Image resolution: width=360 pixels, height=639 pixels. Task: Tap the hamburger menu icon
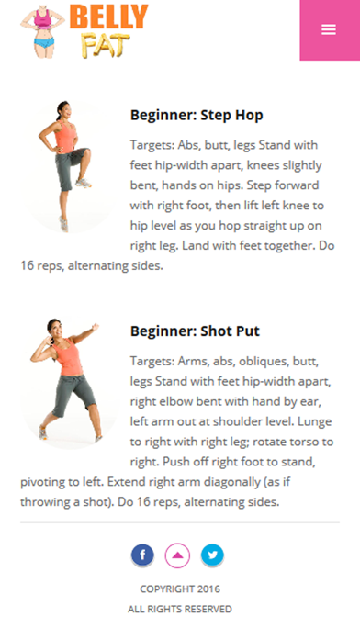point(329,29)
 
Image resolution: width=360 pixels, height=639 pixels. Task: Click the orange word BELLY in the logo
point(109,17)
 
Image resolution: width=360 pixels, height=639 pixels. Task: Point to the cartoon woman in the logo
point(42,31)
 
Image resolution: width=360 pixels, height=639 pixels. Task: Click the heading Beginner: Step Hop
point(197,116)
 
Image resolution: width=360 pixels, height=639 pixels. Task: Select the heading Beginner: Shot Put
point(195,331)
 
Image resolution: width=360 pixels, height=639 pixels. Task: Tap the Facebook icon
point(142,555)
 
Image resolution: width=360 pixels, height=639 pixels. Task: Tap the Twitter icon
point(212,555)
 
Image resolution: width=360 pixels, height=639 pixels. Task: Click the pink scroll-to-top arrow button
point(177,555)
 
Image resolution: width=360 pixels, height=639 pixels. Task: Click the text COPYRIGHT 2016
point(180,589)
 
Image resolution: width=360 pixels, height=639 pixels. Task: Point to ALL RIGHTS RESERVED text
point(180,609)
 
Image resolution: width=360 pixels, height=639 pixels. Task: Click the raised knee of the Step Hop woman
point(86,152)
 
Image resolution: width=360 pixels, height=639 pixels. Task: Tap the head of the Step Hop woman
point(64,109)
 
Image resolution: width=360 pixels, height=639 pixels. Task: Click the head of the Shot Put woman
point(55,328)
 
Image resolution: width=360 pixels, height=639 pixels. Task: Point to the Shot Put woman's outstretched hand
point(96,327)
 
